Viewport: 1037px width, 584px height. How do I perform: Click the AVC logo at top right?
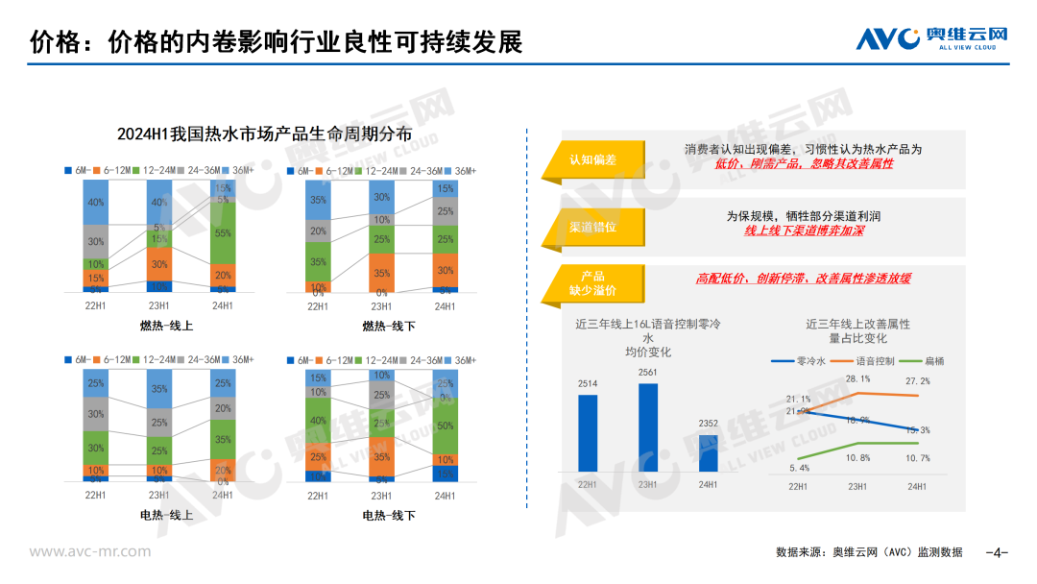(x=931, y=38)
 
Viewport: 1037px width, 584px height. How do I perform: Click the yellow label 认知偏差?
(x=592, y=159)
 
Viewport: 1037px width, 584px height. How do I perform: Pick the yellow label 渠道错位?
(x=592, y=227)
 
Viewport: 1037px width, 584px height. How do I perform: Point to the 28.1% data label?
(x=857, y=378)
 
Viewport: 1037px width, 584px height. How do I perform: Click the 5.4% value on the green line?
(x=798, y=468)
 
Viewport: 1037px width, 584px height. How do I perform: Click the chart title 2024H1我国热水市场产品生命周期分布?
(x=264, y=134)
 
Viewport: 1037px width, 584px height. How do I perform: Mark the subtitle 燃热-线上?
(x=171, y=326)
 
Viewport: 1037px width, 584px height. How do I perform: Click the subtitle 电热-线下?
(x=389, y=515)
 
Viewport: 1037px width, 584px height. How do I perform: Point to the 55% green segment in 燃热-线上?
(x=223, y=233)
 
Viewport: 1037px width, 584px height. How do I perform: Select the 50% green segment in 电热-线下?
(x=445, y=426)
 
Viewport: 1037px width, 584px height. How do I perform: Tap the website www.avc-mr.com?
(x=89, y=551)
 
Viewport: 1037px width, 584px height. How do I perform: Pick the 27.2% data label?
(x=917, y=381)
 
